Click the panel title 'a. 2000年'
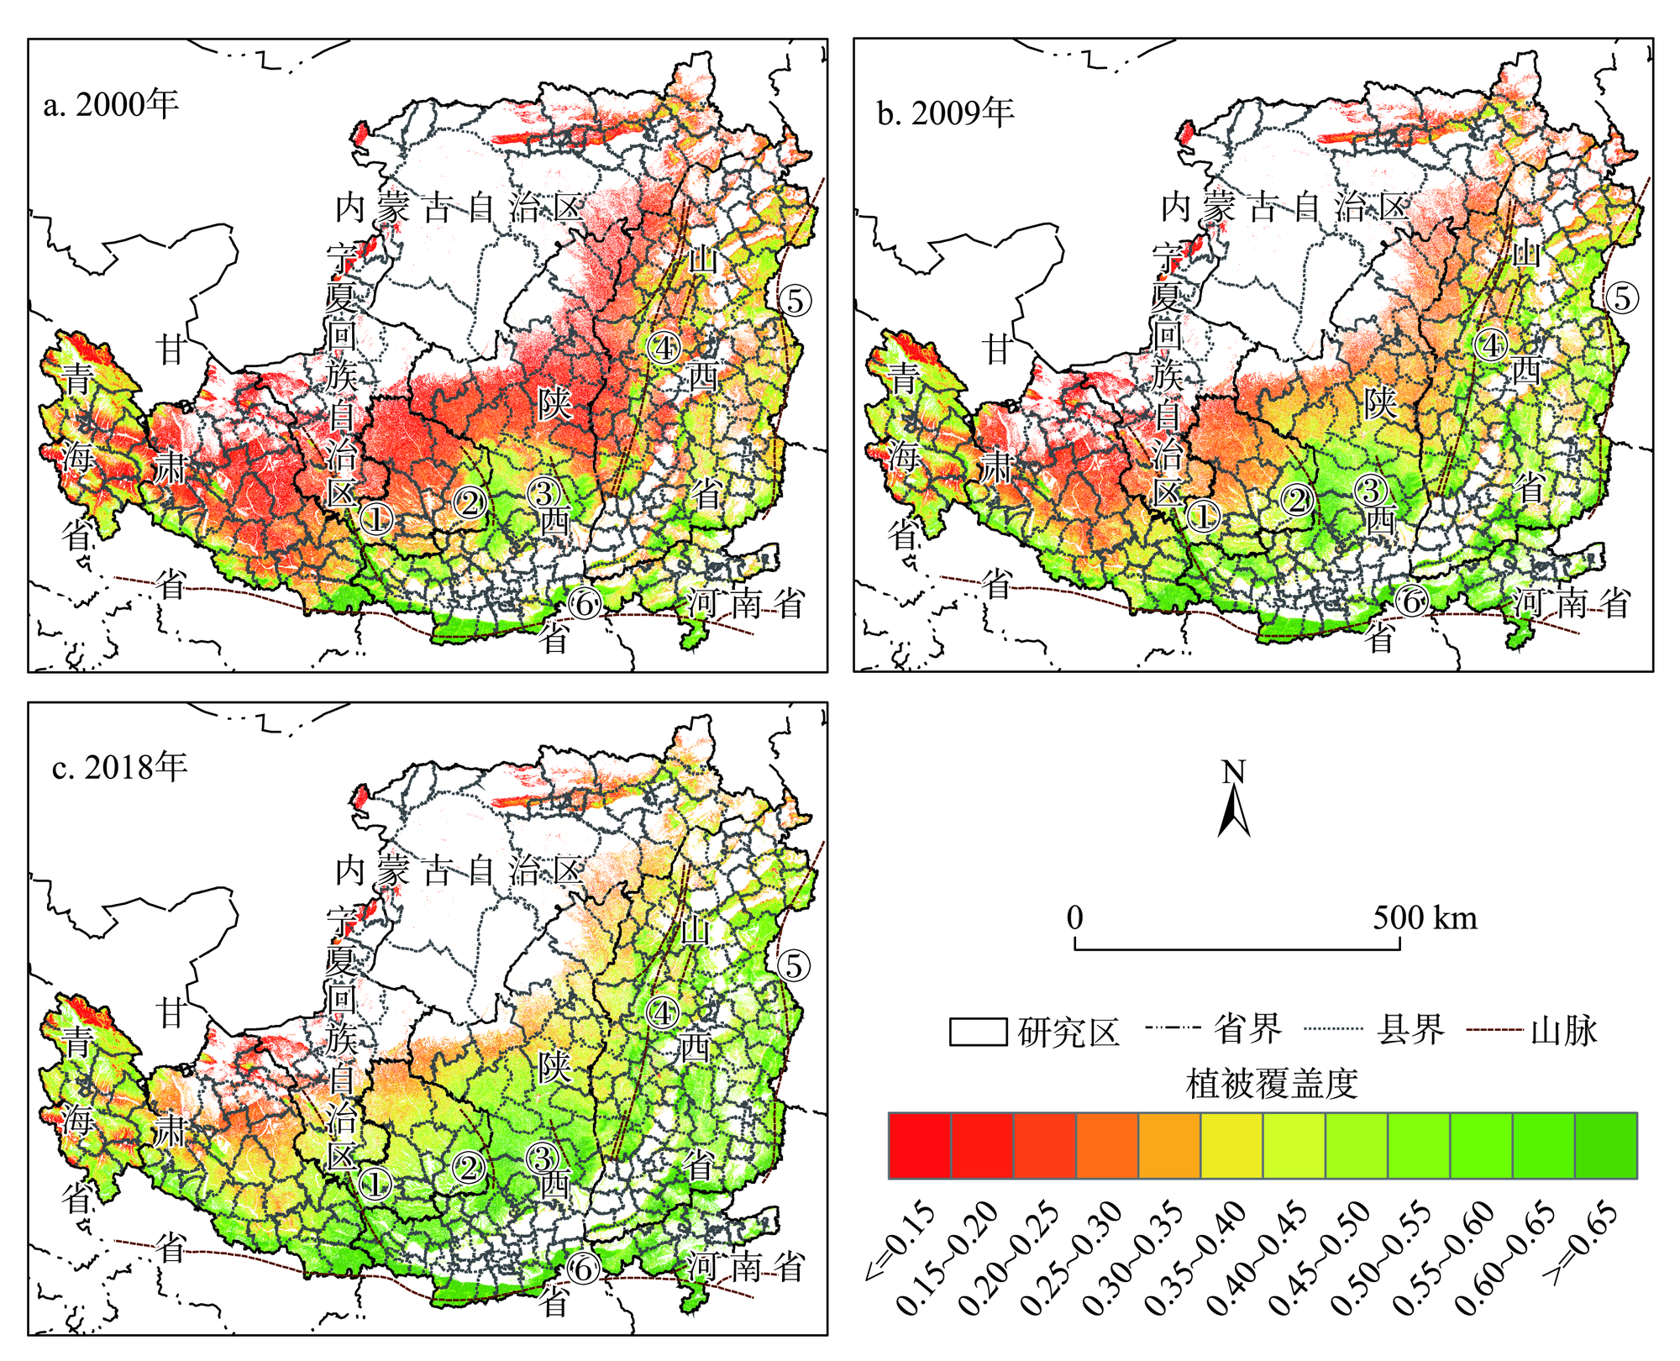click(111, 105)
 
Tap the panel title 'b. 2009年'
click(946, 112)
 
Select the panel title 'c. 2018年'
click(119, 767)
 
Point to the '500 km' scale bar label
click(1425, 917)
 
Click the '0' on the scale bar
click(1075, 917)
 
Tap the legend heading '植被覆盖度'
click(1272, 1084)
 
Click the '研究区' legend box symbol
click(978, 1032)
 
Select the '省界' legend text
click(1247, 1029)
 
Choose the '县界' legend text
click(1410, 1029)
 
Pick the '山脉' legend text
click(1563, 1029)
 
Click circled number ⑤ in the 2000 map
click(795, 300)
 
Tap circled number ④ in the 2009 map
click(1491, 344)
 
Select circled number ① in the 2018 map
click(375, 1183)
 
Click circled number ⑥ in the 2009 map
click(1411, 602)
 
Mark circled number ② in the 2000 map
click(470, 502)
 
